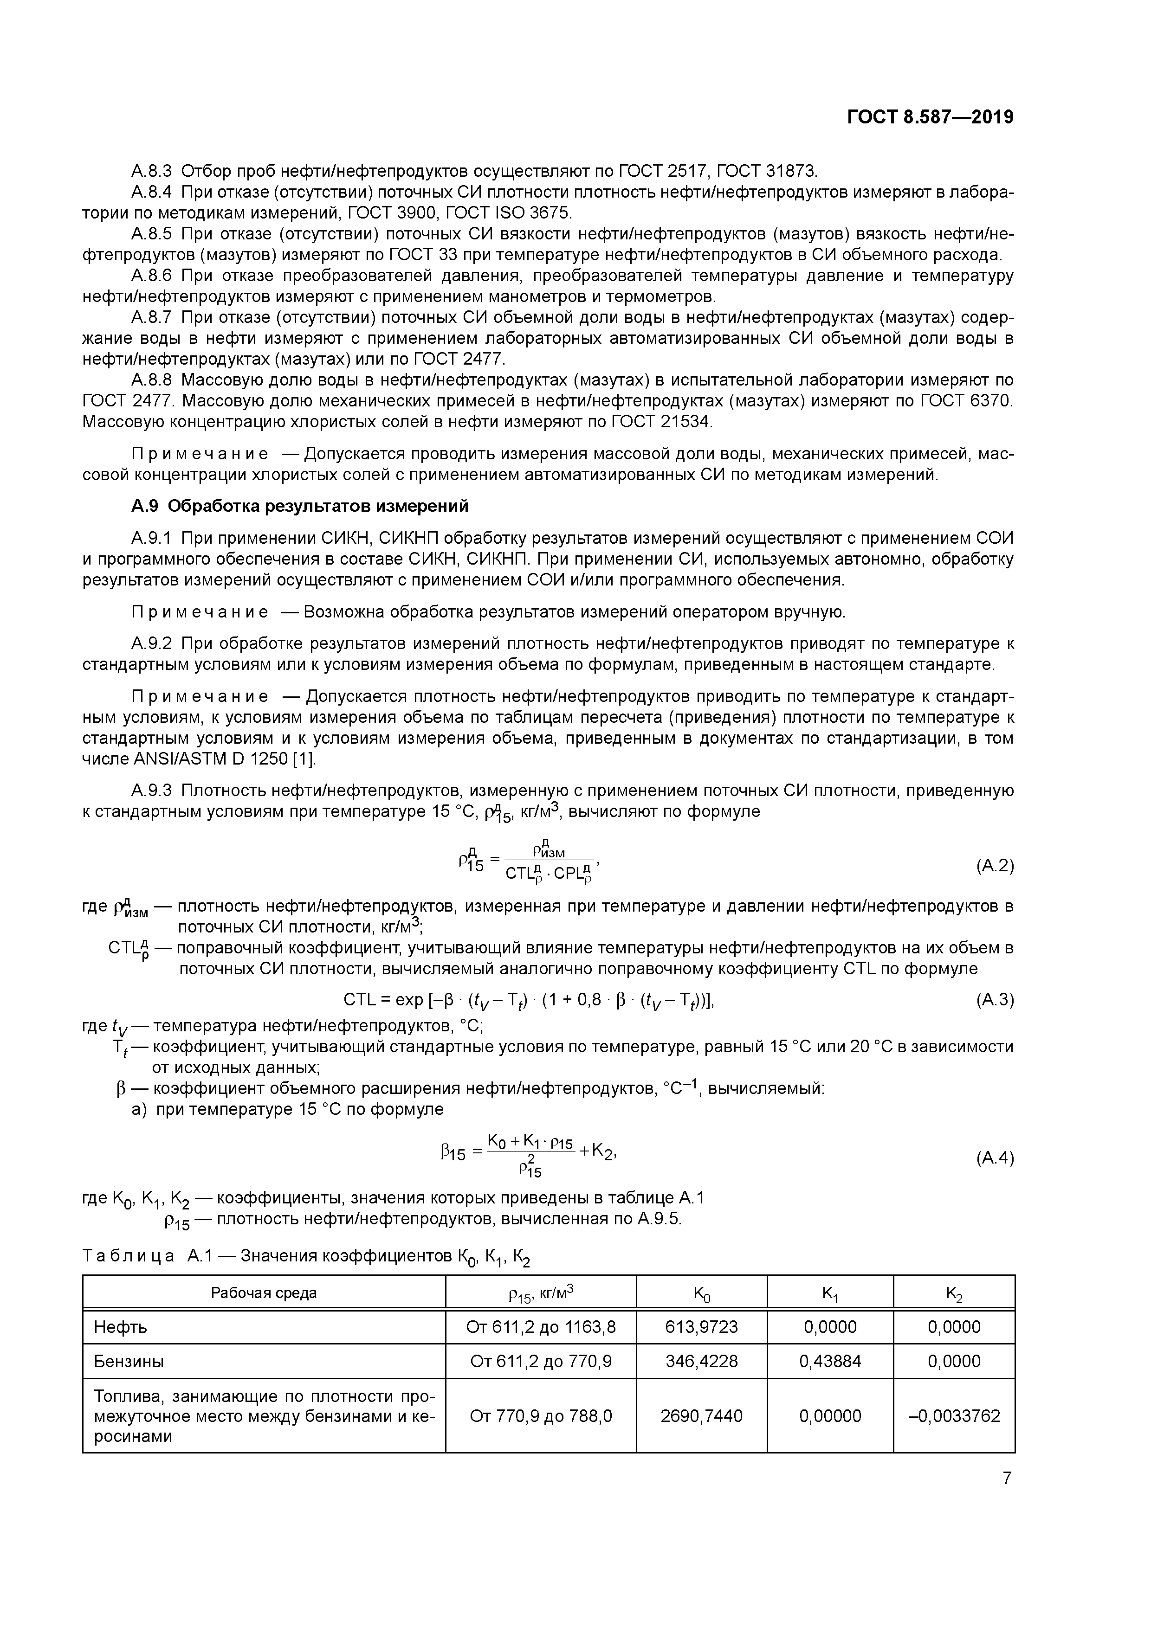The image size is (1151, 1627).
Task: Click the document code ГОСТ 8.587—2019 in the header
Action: [930, 117]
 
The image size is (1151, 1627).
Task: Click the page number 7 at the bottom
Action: [1006, 1478]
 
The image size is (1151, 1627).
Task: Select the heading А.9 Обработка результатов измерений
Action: [300, 506]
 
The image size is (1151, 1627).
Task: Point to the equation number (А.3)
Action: [995, 1000]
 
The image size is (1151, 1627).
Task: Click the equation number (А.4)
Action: [995, 1158]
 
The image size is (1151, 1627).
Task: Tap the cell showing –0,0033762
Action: [954, 1416]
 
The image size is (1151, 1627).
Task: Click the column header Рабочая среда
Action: [264, 1293]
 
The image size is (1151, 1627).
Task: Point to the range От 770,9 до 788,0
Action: [541, 1416]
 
